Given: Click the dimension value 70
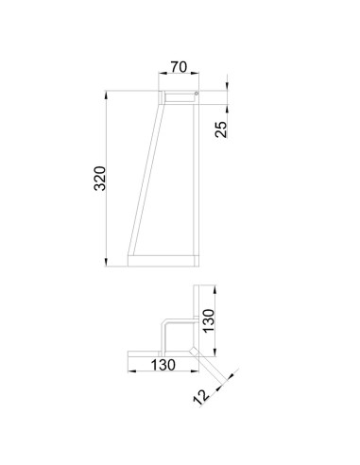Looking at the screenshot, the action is tap(179, 67).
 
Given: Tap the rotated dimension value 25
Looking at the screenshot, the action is tap(221, 129).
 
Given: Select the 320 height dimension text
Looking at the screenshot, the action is tap(100, 179).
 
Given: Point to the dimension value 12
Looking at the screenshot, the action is tap(201, 397).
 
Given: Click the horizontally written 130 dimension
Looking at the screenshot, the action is tap(163, 365).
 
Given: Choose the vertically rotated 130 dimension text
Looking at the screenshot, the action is tap(209, 320).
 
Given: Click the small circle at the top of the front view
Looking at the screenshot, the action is tap(197, 94).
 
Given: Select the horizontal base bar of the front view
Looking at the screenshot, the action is tap(163, 261).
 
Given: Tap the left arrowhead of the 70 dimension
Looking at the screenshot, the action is tap(163, 73).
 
